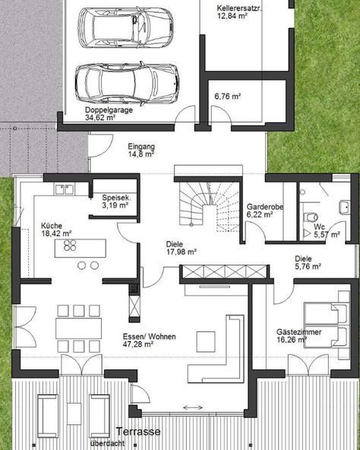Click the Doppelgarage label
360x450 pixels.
point(109,110)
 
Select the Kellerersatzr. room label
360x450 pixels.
point(238,8)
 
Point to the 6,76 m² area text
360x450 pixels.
point(228,96)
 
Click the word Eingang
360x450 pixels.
point(141,147)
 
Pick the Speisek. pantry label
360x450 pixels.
point(116,198)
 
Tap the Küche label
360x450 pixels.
point(52,226)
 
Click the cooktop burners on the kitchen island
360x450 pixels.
point(70,246)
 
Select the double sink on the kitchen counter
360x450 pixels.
point(65,190)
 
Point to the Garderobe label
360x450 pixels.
point(265,207)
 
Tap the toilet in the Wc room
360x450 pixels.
point(310,217)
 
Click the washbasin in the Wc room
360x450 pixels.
point(345,208)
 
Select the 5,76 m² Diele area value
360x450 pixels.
point(308,266)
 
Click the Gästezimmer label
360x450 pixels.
point(298,332)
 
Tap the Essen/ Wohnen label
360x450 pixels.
point(149,337)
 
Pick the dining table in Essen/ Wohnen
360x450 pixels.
point(78,328)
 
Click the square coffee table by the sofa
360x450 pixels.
point(206,341)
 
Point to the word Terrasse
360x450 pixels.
point(138,431)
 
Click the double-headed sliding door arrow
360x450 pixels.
point(193,407)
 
